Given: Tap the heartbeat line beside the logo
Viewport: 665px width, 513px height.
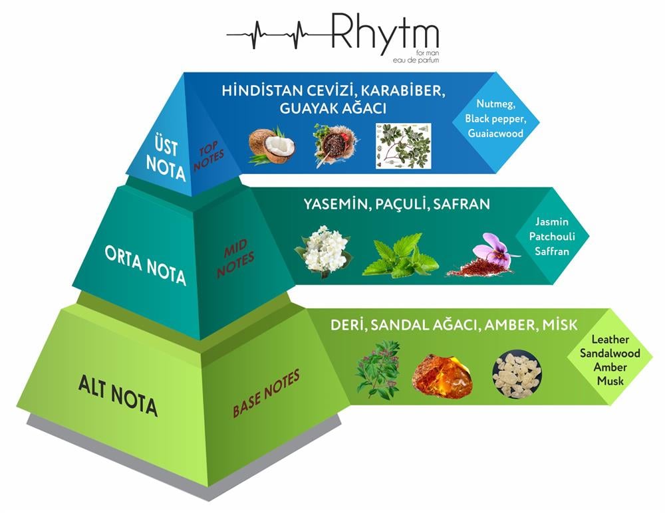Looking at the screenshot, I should [279, 33].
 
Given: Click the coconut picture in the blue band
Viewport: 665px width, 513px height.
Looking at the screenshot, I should [271, 146].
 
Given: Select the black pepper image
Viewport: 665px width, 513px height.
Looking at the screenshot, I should [335, 145].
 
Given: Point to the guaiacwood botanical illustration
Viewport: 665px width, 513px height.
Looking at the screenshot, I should [403, 146].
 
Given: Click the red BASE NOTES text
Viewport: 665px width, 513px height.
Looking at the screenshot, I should [266, 393].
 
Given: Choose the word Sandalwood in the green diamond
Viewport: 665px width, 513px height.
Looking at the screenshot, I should [610, 354].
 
